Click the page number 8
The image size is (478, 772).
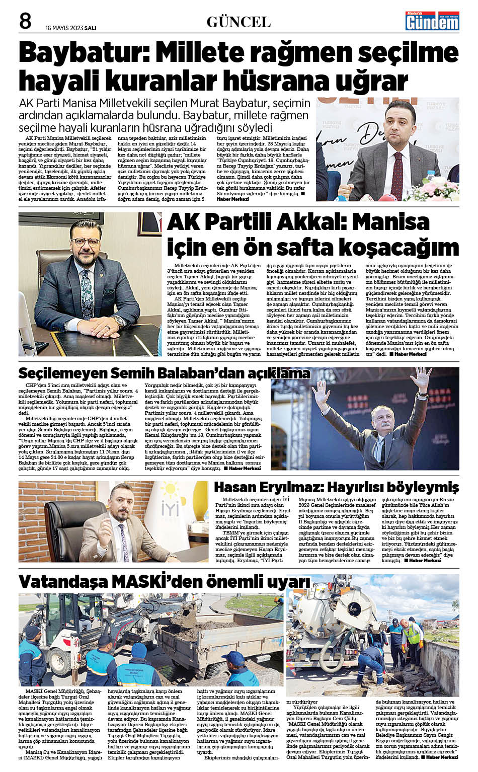(25, 22)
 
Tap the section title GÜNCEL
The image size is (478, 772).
(238, 22)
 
